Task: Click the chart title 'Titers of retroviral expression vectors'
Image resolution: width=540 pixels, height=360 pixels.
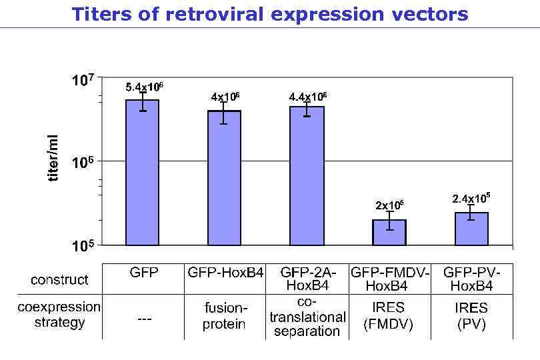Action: point(270,14)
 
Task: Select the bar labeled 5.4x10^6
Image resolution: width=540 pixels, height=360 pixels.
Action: point(142,173)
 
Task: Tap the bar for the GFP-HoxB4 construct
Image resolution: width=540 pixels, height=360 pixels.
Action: point(224,179)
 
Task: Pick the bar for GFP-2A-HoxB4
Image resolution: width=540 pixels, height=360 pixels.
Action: point(307,176)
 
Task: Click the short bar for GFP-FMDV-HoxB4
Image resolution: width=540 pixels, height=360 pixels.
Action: point(389,233)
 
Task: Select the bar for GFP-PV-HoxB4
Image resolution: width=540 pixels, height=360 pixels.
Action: point(471,229)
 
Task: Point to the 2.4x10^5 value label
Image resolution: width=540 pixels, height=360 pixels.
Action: point(471,198)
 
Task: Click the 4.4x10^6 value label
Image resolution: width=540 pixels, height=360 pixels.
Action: point(307,97)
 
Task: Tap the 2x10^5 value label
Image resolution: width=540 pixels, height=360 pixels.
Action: point(389,205)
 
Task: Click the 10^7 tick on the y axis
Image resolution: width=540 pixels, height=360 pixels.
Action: point(83,81)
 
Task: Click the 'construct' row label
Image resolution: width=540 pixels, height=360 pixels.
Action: point(59,280)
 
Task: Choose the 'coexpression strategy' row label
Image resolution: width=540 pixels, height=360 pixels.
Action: point(59,315)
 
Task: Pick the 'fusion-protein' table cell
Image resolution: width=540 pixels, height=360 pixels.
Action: point(225,316)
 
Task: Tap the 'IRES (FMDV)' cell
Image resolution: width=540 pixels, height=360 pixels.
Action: point(389,316)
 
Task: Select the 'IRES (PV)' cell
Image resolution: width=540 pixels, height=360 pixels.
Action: point(472,316)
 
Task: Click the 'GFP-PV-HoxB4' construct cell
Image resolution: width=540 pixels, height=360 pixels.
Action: point(472,279)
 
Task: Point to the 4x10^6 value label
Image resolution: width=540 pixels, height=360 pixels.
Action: point(225,97)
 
